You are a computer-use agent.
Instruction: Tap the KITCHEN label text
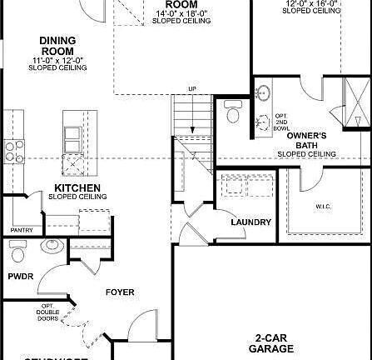[x=77, y=187]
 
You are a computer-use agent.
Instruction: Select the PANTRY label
[x=21, y=229]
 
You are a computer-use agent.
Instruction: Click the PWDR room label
[x=21, y=274]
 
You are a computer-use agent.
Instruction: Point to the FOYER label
[x=119, y=292]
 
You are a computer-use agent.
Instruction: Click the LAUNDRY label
[x=251, y=222]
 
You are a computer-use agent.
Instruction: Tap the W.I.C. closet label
[x=325, y=205]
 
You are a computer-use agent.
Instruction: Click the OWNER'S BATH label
[x=306, y=139]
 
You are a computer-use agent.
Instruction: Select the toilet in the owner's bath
[x=231, y=110]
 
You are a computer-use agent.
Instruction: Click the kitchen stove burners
[x=13, y=150]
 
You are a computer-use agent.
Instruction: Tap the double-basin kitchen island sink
[x=73, y=137]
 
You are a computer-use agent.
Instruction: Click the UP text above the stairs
[x=192, y=88]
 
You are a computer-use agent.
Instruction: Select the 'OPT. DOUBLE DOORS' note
[x=48, y=312]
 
